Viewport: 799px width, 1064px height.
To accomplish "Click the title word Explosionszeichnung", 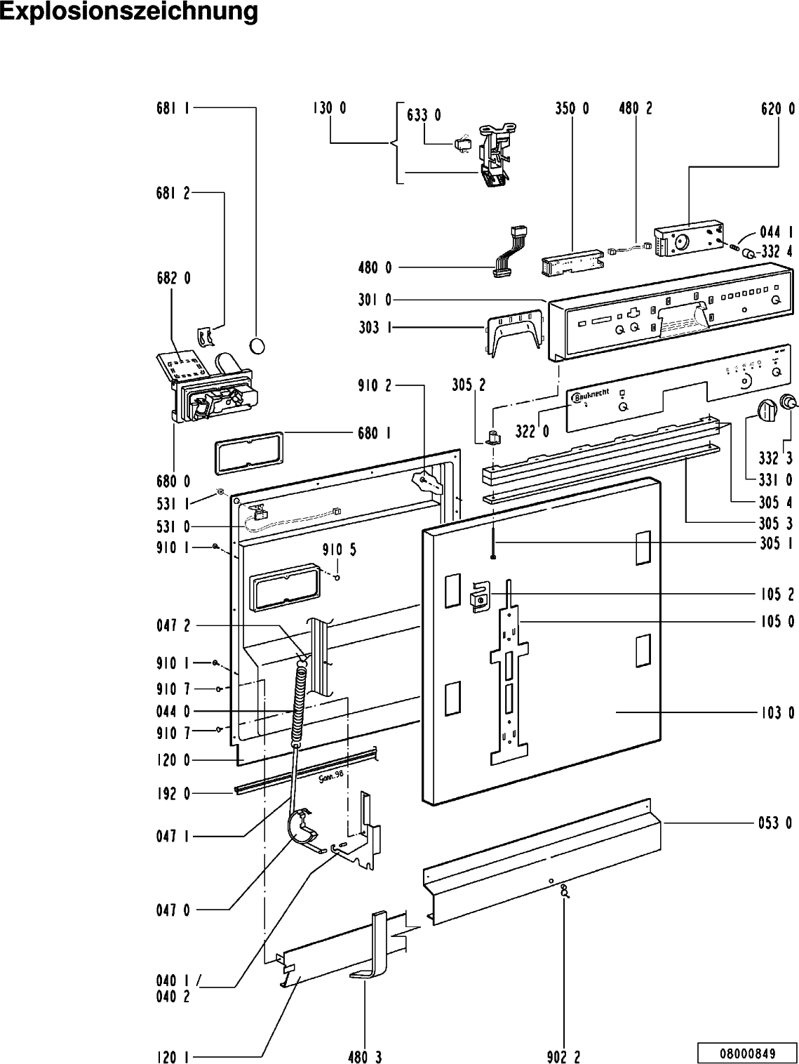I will pyautogui.click(x=128, y=12).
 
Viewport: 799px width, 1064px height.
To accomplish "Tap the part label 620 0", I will pyautogui.click(x=777, y=109).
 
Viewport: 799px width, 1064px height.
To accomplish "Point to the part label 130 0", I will pyautogui.click(x=329, y=109).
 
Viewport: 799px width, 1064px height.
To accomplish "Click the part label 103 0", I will pyautogui.click(x=777, y=713).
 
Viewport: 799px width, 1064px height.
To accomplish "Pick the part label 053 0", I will pyautogui.click(x=777, y=823).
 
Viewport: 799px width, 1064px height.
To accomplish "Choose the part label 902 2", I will pyautogui.click(x=563, y=1056).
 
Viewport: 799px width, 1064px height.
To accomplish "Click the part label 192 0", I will pyautogui.click(x=173, y=794).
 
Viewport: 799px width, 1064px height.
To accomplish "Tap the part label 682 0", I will pyautogui.click(x=173, y=278).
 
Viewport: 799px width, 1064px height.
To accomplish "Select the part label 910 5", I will pyautogui.click(x=340, y=550).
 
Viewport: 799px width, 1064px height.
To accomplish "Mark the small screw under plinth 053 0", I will pyautogui.click(x=564, y=891).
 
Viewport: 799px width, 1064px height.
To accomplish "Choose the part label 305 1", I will pyautogui.click(x=777, y=542).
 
